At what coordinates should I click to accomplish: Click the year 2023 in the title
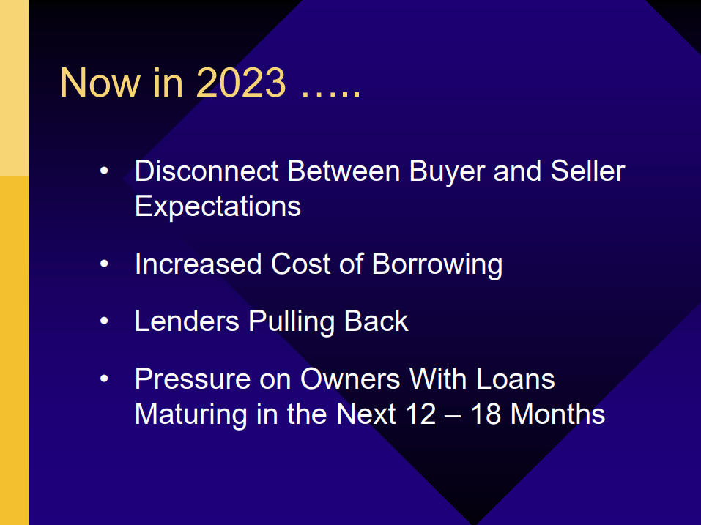coord(240,82)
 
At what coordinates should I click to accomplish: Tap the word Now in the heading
coord(100,82)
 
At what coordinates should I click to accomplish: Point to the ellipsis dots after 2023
coord(331,92)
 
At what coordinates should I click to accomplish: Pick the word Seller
coord(587,171)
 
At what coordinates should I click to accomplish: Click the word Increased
coord(198,264)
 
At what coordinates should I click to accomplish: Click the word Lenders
coord(187,321)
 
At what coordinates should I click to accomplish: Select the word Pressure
coord(193,379)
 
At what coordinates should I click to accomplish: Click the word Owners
coord(350,379)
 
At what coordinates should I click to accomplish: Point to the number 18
coord(486,414)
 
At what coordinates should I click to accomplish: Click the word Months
coord(557,414)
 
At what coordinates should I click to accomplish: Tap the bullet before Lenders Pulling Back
coord(104,321)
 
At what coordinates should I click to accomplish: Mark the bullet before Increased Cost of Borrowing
coord(104,264)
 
